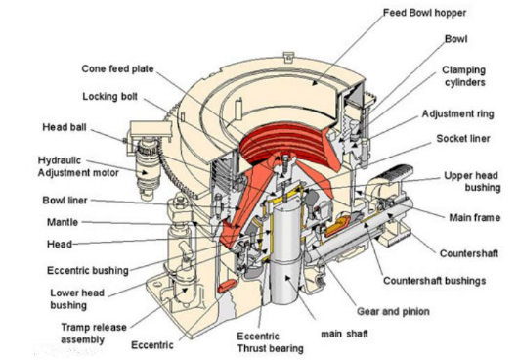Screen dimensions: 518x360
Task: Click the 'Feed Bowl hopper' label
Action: (x=424, y=13)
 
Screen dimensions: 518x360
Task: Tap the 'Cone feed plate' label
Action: (x=117, y=68)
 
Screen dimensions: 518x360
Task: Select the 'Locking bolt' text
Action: (x=110, y=97)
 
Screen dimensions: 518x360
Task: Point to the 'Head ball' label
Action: (x=65, y=127)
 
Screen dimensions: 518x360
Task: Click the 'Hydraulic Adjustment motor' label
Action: (x=78, y=166)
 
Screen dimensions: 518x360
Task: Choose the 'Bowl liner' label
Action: (x=65, y=201)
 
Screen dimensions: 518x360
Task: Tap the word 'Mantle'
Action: (x=63, y=222)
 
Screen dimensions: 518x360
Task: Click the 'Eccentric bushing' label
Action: (x=88, y=270)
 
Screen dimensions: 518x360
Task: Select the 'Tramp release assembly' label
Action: (x=94, y=334)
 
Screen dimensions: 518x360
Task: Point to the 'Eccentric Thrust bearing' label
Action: (x=270, y=342)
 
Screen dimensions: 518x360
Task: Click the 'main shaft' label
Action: (x=345, y=334)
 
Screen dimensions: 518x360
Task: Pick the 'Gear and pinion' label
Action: (x=393, y=311)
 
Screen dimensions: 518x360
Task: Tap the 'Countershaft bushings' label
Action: (x=434, y=281)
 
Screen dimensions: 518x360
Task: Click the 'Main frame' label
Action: (x=475, y=218)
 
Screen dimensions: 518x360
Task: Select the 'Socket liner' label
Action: (x=463, y=139)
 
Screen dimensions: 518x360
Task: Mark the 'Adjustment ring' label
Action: (x=457, y=114)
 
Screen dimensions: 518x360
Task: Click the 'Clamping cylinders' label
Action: (x=464, y=76)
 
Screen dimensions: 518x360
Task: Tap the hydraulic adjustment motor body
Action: (x=149, y=168)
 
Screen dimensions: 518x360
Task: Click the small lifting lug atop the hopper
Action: (x=288, y=57)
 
